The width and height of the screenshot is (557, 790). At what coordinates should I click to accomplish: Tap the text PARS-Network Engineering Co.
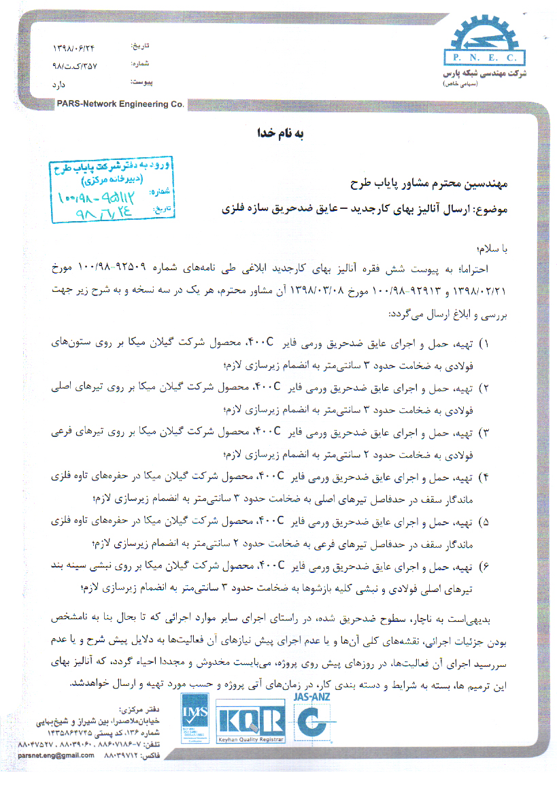122,104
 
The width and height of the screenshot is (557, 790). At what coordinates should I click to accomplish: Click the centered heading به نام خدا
278,134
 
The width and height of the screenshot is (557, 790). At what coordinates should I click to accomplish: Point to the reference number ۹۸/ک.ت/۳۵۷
75,67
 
